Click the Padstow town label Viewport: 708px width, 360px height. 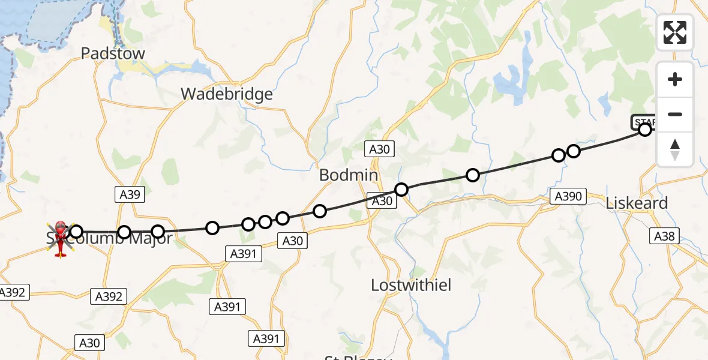pyautogui.click(x=113, y=53)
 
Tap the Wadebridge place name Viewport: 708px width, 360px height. pyautogui.click(x=227, y=94)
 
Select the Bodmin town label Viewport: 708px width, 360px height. pyautogui.click(x=349, y=175)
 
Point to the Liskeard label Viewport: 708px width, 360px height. pyautogui.click(x=637, y=203)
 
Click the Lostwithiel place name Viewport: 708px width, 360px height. pyautogui.click(x=411, y=285)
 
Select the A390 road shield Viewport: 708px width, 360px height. pyautogui.click(x=568, y=196)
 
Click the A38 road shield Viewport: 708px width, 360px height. pyautogui.click(x=664, y=236)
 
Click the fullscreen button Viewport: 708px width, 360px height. pyautogui.click(x=675, y=32)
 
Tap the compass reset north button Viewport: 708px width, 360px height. pyautogui.click(x=675, y=149)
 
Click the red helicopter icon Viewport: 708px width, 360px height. pyautogui.click(x=61, y=238)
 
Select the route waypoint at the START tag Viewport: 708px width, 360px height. pyautogui.click(x=644, y=130)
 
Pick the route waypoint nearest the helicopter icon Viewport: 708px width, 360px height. pyautogui.click(x=76, y=232)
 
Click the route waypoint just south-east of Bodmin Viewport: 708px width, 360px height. pyautogui.click(x=401, y=190)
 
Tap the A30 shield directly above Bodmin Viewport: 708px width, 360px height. pyautogui.click(x=380, y=150)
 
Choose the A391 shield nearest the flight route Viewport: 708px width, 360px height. pyautogui.click(x=243, y=254)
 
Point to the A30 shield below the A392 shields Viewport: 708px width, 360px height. pyautogui.click(x=90, y=343)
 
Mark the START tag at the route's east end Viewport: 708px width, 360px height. pyautogui.click(x=642, y=121)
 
